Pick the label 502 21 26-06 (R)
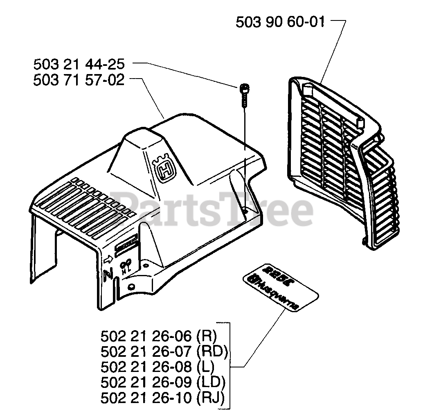point(159,336)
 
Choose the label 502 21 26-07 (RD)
point(164,351)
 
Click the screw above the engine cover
point(244,92)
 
